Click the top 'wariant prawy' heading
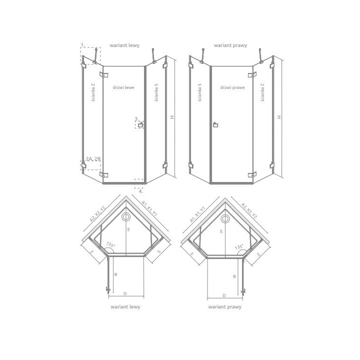228,45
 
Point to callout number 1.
83,45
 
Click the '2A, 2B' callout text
92,158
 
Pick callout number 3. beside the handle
135,119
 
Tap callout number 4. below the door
141,191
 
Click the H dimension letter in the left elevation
171,117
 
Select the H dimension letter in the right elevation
279,117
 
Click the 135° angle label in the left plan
110,245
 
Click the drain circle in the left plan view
126,217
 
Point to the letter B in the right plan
233,276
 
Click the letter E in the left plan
128,229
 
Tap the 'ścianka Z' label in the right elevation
262,93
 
